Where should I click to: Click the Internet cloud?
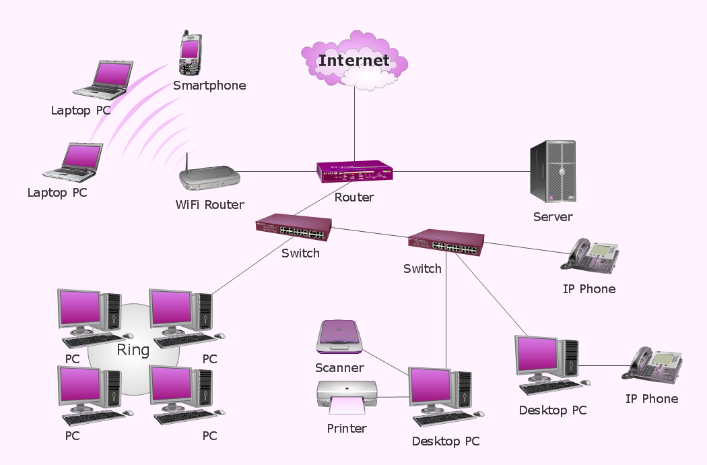354,60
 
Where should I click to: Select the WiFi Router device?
209,179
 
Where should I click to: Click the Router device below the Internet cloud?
355,173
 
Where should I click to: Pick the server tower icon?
553,171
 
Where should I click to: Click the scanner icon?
340,337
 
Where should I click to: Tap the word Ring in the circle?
133,350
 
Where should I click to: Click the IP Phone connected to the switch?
593,256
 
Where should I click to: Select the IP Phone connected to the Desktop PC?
652,365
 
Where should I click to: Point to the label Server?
553,217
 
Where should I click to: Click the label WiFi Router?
209,205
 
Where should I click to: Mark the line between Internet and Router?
354,125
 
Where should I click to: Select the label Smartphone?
209,86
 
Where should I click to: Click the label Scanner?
339,368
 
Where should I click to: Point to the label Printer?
347,429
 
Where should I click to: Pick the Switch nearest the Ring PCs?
294,227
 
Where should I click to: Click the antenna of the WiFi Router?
185,162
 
